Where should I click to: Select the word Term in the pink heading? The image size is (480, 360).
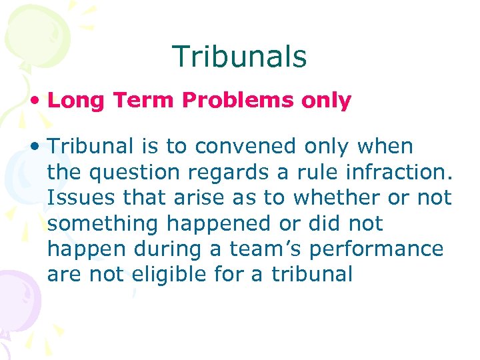coord(138,101)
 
